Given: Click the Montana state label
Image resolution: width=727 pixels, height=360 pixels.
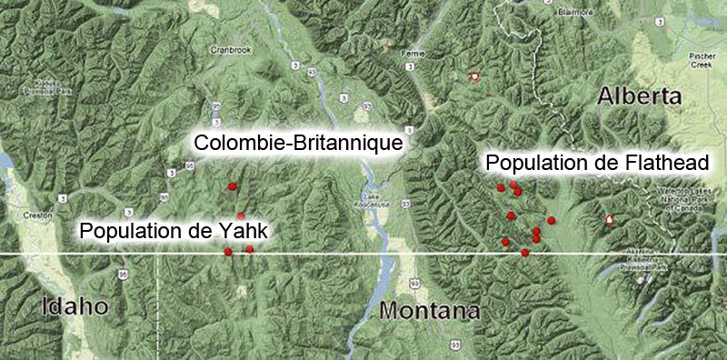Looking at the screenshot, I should [429, 312].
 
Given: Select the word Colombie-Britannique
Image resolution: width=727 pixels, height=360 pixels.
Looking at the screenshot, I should [298, 143].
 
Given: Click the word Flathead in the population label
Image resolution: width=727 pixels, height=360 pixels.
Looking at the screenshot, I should [658, 162].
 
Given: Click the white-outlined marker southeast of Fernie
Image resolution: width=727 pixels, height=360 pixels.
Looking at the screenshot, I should [473, 78].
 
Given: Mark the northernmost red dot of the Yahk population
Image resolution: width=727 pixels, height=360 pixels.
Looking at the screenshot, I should [233, 186].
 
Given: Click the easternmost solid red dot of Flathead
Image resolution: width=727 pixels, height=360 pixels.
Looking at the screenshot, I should [551, 221].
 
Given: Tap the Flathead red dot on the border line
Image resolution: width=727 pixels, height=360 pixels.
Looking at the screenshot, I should [525, 253].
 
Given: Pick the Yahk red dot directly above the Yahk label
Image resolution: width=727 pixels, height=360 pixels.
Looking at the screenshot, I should [241, 215].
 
